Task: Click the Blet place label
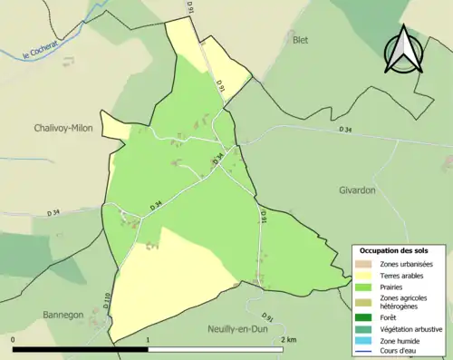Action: (300, 41)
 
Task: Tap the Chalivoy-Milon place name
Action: (66, 127)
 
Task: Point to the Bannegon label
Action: (63, 315)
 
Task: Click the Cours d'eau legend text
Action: (401, 350)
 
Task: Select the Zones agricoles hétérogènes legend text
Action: (403, 302)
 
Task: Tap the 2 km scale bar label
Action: (289, 340)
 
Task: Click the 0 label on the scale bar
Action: (14, 340)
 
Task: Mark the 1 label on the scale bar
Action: (148, 340)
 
